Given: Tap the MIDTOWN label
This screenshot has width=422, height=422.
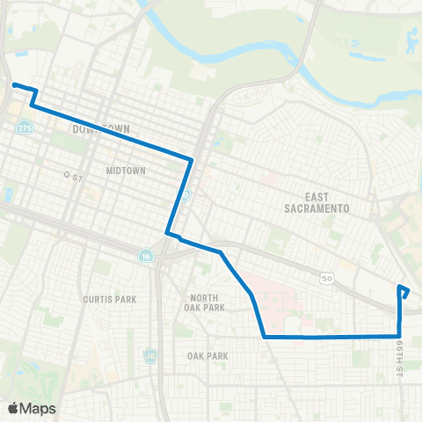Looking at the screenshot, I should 124,170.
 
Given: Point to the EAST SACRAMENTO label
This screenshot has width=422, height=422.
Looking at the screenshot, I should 317,202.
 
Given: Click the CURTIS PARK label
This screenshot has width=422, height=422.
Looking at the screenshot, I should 110,299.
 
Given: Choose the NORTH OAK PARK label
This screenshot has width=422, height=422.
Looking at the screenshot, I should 207,302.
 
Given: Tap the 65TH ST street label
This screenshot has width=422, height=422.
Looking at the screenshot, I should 399,356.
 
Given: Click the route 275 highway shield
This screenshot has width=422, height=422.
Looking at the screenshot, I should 25,127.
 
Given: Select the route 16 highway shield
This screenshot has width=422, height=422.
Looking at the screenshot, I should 145,256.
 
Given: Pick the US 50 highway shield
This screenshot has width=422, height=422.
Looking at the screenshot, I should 327,278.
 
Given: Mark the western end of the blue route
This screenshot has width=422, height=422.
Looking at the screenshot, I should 14,85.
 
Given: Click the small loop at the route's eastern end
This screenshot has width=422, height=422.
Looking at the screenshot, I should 404,291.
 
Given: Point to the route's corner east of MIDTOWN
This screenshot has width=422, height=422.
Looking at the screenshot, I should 191,159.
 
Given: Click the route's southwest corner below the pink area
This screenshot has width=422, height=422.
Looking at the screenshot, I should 265,336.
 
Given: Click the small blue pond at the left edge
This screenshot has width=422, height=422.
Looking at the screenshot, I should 8,193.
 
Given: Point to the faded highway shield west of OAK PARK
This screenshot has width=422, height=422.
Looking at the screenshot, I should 150,356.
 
